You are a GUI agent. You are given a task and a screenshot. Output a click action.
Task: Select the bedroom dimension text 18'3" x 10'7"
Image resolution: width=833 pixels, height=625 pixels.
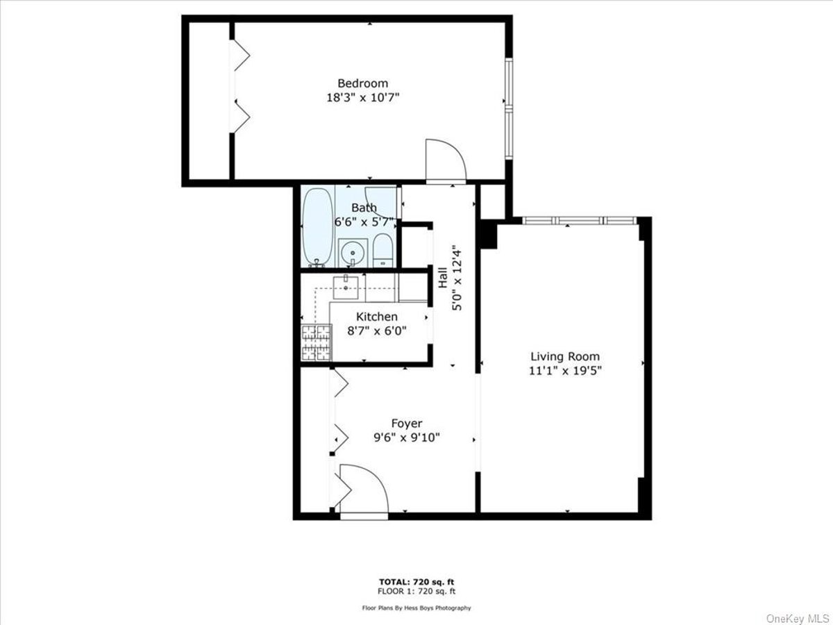click(363, 97)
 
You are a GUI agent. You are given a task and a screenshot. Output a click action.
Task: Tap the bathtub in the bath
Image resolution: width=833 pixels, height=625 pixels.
click(318, 227)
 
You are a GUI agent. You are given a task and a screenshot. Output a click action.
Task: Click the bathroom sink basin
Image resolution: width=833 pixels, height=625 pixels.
click(353, 252)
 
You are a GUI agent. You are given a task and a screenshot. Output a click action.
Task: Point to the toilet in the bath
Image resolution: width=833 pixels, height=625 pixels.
click(383, 251)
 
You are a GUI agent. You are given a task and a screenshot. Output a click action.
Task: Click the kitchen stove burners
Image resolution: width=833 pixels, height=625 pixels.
click(316, 342)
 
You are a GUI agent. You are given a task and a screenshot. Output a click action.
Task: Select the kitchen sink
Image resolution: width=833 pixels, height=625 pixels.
click(345, 287)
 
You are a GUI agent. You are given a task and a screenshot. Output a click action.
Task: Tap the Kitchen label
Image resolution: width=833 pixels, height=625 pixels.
click(377, 317)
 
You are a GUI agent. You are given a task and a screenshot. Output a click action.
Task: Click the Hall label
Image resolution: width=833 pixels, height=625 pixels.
click(443, 277)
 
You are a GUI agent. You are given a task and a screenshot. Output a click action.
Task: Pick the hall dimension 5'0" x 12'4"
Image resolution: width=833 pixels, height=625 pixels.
click(457, 277)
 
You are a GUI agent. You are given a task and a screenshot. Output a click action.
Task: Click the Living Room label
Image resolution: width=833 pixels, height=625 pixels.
click(565, 356)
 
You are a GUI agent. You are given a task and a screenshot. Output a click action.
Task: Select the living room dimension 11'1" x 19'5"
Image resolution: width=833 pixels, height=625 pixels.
click(566, 370)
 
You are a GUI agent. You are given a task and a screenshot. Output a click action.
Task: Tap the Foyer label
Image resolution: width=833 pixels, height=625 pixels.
click(407, 423)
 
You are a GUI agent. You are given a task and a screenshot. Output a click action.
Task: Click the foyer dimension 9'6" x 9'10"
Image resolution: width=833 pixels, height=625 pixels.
click(407, 437)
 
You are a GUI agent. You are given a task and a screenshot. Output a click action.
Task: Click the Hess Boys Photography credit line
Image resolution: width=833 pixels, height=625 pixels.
click(416, 608)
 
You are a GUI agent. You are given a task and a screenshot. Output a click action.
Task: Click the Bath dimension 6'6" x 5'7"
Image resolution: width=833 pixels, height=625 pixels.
click(363, 222)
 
